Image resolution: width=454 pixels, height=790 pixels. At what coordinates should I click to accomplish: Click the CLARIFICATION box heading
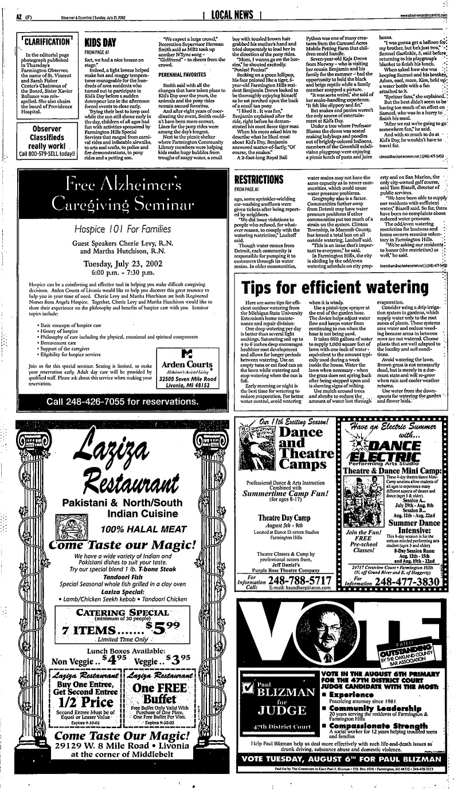point(46,42)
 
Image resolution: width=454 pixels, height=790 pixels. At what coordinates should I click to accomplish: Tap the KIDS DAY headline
point(101,42)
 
